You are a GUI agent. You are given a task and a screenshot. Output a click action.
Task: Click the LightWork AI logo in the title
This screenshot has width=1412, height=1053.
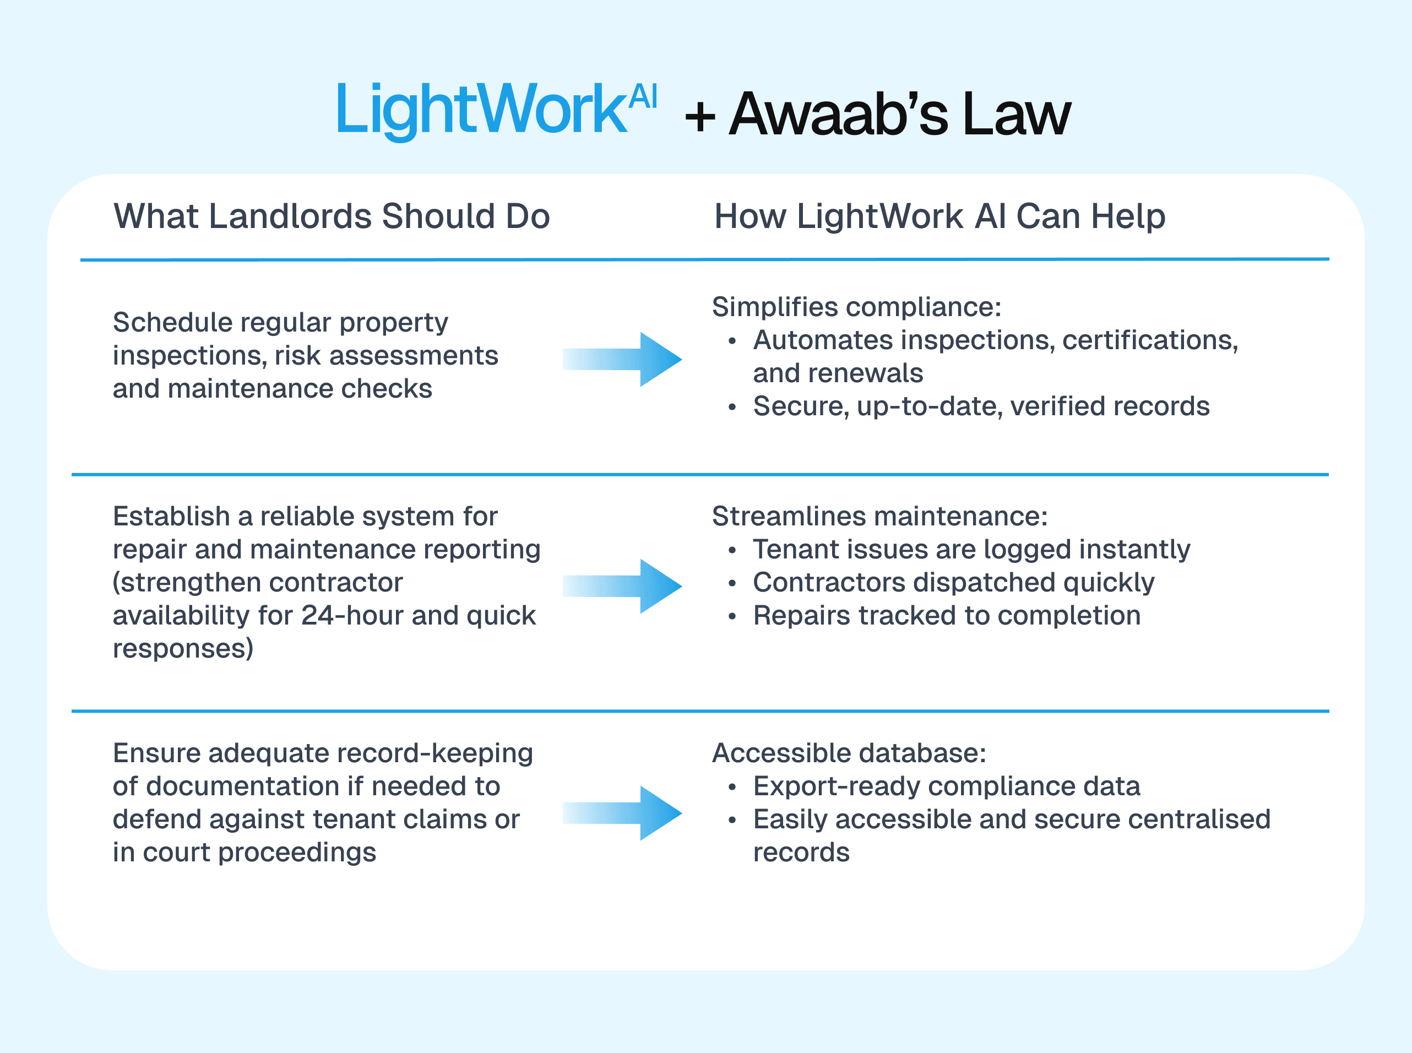coord(496,110)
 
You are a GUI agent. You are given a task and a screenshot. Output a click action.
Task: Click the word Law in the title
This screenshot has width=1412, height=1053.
coord(1017,115)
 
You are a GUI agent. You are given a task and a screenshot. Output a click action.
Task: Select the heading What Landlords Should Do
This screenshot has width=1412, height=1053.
coord(332,216)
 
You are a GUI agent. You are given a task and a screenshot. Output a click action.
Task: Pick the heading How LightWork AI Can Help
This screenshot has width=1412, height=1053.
coord(939,216)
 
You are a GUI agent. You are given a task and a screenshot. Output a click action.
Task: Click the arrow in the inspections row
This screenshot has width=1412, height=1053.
coord(622,359)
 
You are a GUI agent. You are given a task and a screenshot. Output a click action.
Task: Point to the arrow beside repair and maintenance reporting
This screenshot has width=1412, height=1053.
coord(622,586)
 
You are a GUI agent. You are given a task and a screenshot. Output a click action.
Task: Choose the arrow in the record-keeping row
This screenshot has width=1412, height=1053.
coord(622,813)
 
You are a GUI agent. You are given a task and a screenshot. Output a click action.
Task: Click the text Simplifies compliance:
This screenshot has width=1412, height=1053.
coord(856,307)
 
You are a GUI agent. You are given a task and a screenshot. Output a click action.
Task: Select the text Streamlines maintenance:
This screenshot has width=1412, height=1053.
coord(879,516)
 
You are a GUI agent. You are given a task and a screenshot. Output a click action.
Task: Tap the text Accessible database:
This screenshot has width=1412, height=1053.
coord(849,753)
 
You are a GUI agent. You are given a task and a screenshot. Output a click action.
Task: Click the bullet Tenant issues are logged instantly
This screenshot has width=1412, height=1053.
coord(971,550)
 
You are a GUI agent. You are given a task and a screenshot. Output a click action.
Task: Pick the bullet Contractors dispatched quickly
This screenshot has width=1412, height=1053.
coord(953,583)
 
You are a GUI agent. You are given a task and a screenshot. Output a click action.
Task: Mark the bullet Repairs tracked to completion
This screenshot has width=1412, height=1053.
coord(947,616)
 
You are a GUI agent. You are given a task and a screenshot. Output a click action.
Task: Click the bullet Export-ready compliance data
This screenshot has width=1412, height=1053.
coord(947,786)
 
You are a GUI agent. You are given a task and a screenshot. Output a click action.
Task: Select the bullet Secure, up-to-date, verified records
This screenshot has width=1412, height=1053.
coord(981,406)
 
